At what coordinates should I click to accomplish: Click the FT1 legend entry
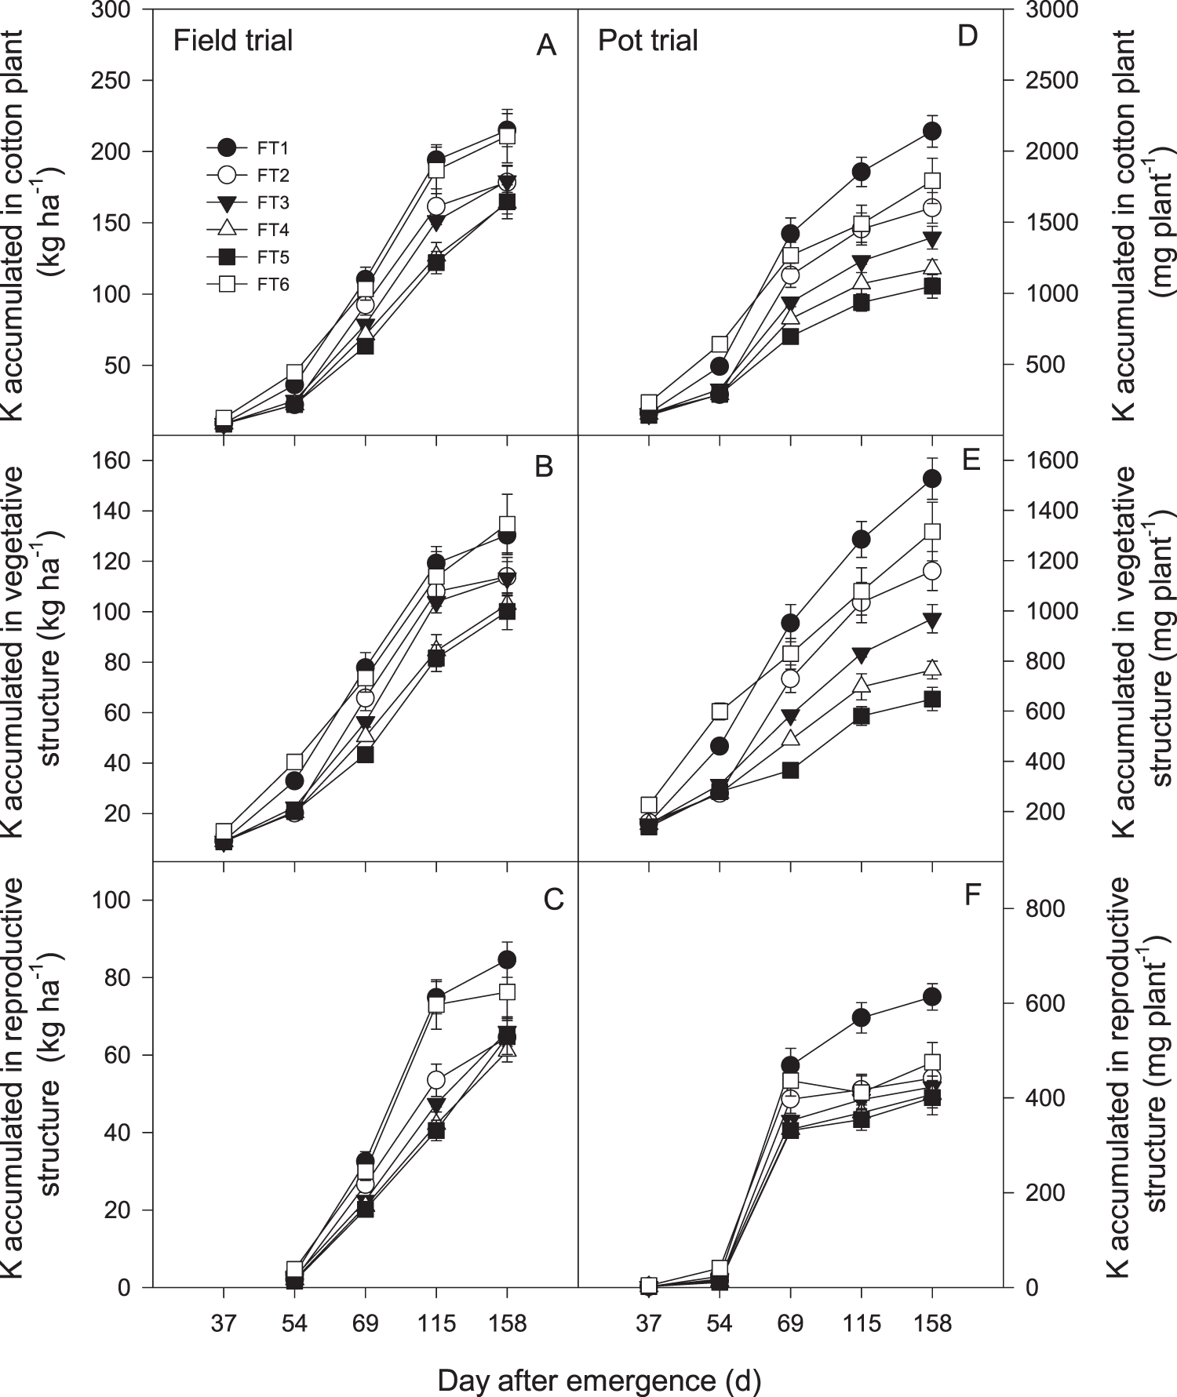pos(272,148)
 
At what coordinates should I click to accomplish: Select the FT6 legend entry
pos(272,285)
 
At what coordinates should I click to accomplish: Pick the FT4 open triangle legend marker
pos(227,230)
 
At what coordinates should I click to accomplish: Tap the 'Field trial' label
pos(233,41)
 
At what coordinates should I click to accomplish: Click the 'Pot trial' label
pos(648,41)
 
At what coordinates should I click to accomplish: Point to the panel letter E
pos(971,460)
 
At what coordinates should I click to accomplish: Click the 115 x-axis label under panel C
pos(436,1324)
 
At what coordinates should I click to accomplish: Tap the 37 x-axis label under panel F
pos(648,1324)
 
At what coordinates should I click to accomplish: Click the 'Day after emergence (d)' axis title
pos(599,1381)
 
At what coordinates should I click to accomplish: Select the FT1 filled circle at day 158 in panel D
pos(932,131)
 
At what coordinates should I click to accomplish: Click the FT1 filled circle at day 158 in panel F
pos(932,997)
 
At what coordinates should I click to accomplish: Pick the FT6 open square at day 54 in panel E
pos(720,711)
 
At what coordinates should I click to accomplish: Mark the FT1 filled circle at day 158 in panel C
pos(507,959)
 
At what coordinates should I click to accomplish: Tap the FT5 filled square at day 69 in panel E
pos(790,770)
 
